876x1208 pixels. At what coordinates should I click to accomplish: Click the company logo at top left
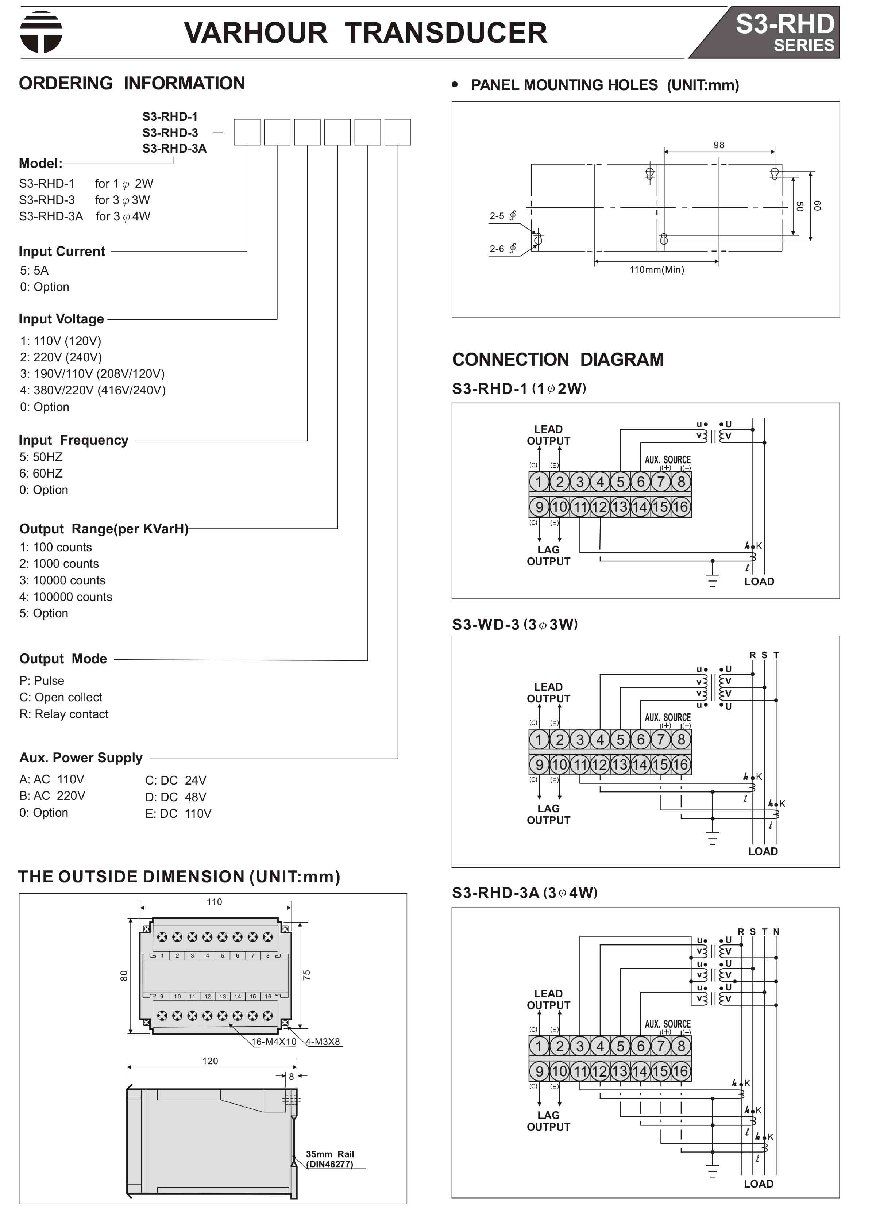[41, 32]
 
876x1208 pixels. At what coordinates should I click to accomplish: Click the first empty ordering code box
[247, 132]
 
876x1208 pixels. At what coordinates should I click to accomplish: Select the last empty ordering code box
[398, 132]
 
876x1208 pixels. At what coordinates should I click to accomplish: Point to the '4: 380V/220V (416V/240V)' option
[93, 390]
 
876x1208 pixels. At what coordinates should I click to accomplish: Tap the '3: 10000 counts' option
[62, 580]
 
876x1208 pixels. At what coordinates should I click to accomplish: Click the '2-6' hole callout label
[497, 249]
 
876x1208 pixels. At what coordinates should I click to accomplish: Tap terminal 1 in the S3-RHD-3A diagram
[539, 1046]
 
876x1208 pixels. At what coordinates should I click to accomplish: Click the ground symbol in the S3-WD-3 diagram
[713, 839]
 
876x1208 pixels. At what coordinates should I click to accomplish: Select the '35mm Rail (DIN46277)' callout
[330, 1159]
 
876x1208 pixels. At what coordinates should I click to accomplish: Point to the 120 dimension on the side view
[210, 1061]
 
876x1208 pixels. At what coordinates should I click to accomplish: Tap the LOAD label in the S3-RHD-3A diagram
[759, 1184]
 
